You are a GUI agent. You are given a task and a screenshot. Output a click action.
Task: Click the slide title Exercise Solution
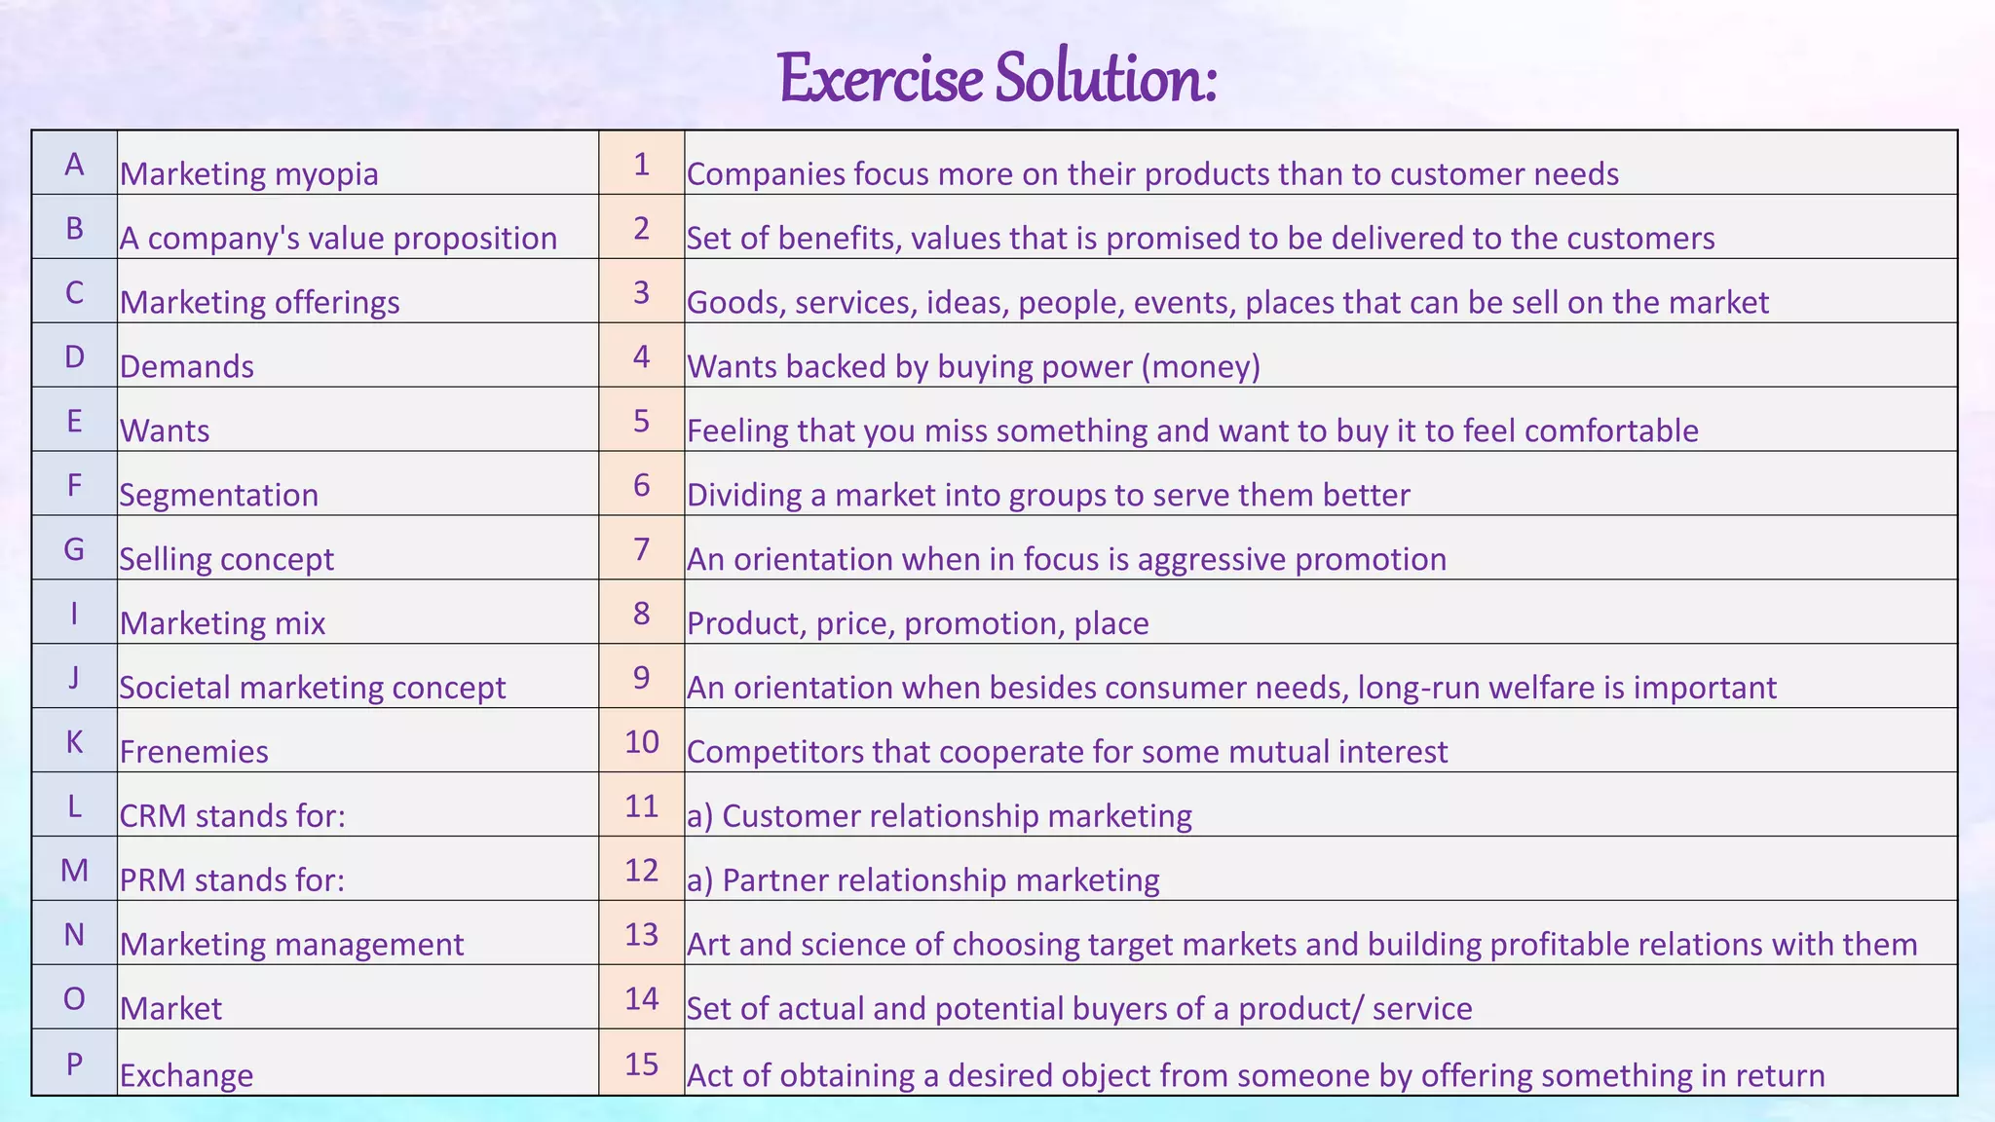click(997, 78)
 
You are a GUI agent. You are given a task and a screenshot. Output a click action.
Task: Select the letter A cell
click(74, 164)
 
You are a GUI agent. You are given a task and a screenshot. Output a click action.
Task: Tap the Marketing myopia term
click(248, 174)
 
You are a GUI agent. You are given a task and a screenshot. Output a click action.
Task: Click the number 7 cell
click(641, 549)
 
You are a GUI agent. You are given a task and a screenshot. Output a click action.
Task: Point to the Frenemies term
click(194, 752)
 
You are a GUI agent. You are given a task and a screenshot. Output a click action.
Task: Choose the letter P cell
click(74, 1064)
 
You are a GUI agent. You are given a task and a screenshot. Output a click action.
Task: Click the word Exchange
click(186, 1075)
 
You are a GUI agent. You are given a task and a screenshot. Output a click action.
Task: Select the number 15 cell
click(641, 1064)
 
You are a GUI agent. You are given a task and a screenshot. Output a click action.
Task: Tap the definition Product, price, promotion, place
click(918, 623)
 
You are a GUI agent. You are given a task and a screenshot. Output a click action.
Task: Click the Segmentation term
click(218, 495)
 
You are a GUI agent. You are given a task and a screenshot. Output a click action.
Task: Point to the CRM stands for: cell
click(232, 816)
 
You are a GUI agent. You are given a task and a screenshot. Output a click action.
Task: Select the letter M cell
click(74, 870)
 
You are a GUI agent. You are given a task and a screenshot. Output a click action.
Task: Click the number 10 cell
click(641, 742)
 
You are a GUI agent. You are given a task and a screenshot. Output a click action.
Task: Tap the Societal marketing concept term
click(312, 688)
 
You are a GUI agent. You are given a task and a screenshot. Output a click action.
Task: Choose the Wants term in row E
click(165, 430)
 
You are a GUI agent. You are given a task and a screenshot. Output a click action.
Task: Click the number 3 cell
click(641, 292)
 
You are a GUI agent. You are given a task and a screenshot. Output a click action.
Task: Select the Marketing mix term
click(222, 623)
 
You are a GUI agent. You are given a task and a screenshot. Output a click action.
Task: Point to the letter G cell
click(74, 549)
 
